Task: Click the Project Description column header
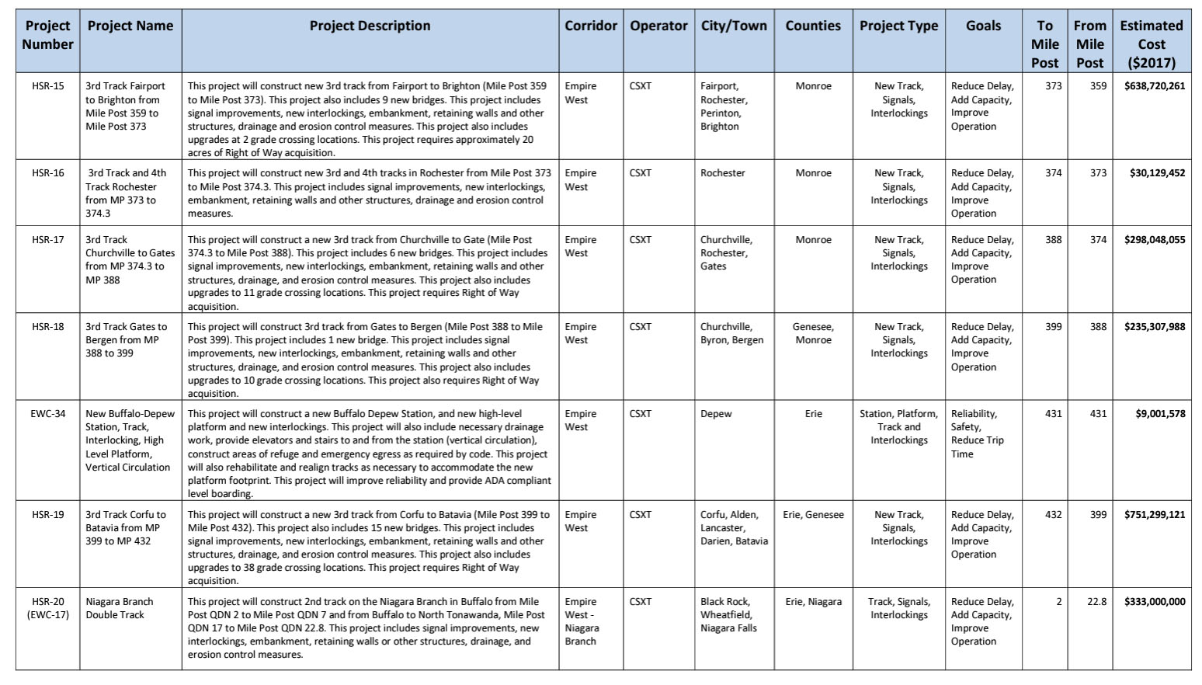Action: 370,26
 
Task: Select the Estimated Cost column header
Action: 1151,43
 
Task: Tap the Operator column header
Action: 658,26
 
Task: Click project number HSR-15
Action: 48,86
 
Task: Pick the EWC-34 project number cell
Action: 48,414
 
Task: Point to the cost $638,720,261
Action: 1154,86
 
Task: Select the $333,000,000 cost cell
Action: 1154,602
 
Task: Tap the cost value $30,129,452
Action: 1157,173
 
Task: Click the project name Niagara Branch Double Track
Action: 120,608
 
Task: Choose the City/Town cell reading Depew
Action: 716,414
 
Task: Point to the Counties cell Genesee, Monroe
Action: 813,333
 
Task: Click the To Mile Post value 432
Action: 1053,515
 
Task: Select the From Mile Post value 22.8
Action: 1096,602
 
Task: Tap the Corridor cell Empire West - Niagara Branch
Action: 582,621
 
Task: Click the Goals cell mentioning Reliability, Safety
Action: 978,433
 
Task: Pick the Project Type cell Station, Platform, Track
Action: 898,427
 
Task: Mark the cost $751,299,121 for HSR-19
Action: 1154,515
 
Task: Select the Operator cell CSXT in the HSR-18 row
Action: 641,327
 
